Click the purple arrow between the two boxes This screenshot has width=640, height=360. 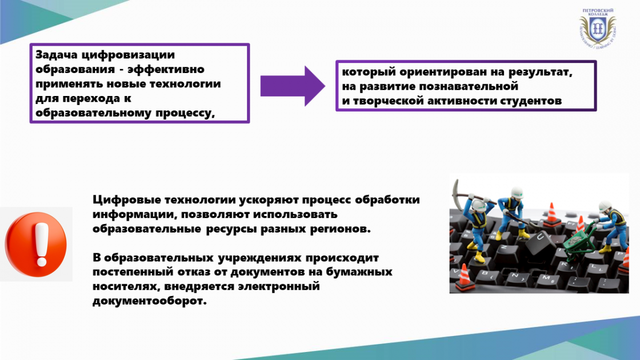point(293,86)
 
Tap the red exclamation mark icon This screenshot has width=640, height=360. point(36,244)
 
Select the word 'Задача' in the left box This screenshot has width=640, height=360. point(57,54)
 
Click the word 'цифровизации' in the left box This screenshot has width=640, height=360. point(128,55)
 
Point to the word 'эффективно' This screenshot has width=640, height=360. point(166,69)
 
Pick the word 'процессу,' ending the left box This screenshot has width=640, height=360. point(185,114)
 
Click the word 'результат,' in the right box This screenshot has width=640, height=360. point(540,73)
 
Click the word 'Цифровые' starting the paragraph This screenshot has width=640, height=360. point(127,200)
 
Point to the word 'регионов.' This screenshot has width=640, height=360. point(340,229)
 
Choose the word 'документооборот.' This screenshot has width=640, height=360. point(149,301)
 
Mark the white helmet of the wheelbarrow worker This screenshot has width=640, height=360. point(605,206)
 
